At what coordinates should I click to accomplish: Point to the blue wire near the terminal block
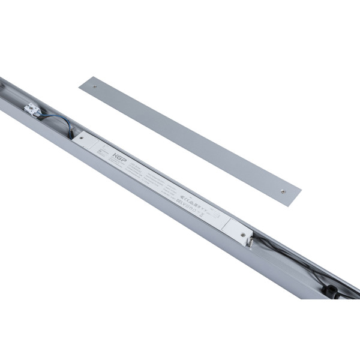[60, 124]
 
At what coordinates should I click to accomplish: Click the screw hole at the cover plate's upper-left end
[94, 86]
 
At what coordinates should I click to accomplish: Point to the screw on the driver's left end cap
[82, 137]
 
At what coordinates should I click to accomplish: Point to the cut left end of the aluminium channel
[5, 90]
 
